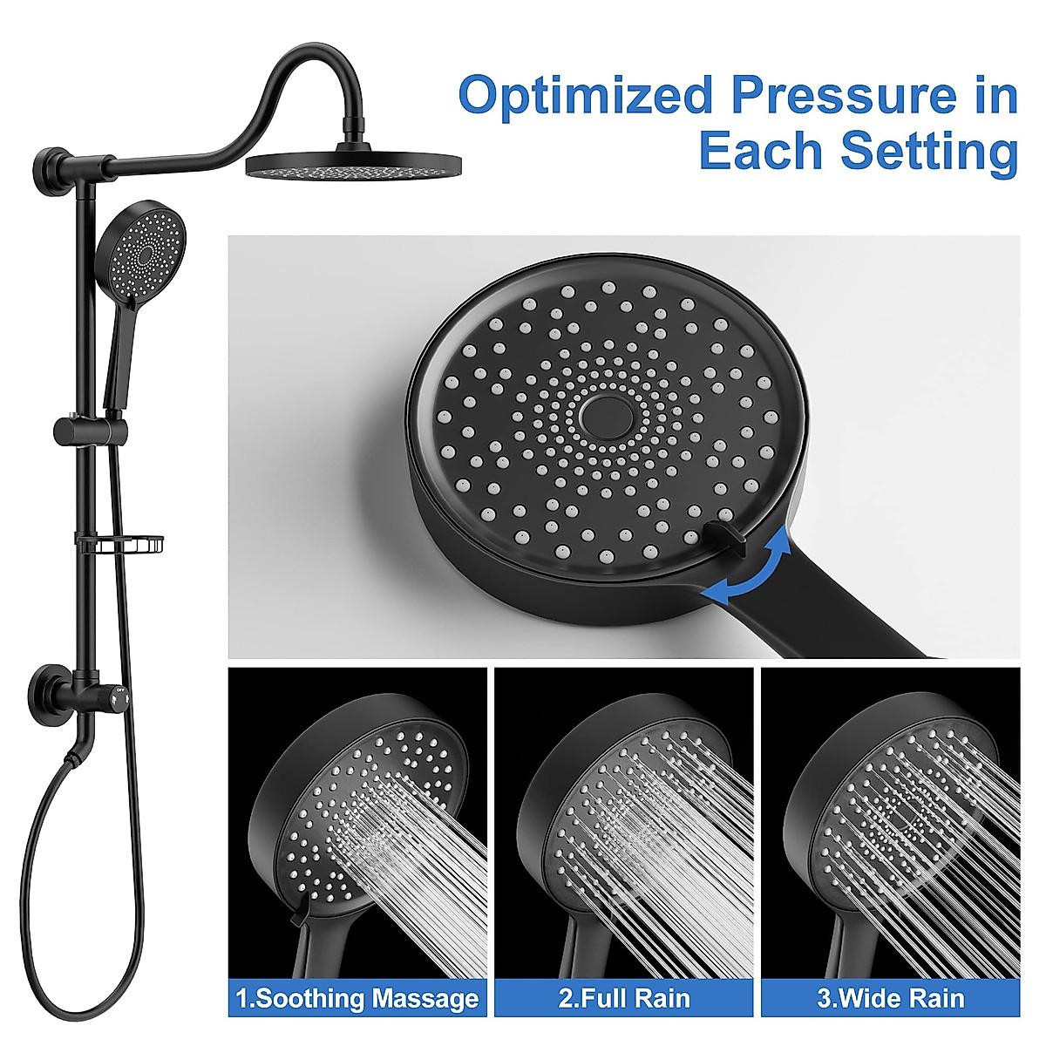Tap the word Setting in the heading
point(928,152)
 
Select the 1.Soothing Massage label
point(358,998)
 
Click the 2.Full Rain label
point(624,998)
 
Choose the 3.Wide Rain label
point(890,998)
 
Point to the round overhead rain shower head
point(353,165)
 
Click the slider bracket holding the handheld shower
point(91,430)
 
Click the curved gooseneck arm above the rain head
point(296,78)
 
